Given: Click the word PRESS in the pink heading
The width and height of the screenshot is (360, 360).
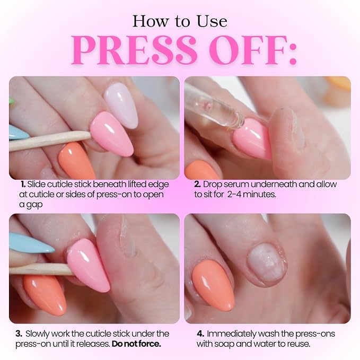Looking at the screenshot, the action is click(x=134, y=50).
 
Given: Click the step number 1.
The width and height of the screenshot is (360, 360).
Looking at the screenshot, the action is click(x=23, y=184).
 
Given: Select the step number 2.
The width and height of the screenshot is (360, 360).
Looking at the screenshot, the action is click(x=197, y=184).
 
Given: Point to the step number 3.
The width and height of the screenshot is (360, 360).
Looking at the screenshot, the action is click(x=19, y=333).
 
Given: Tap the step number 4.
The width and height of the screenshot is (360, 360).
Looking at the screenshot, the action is click(x=200, y=333).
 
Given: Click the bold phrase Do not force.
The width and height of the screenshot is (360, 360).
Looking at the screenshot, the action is click(x=136, y=344).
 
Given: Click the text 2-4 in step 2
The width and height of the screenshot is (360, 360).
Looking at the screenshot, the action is click(x=234, y=195).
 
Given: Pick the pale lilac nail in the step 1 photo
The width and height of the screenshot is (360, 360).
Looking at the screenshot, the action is click(x=121, y=105).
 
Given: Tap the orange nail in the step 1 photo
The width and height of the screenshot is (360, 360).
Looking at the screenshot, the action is click(x=76, y=161).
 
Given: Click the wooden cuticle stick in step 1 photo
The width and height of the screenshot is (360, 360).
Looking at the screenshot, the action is click(x=49, y=141).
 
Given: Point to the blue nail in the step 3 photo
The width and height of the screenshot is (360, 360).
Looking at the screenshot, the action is click(x=31, y=243).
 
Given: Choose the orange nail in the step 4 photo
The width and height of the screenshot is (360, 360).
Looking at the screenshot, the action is click(x=213, y=285).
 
